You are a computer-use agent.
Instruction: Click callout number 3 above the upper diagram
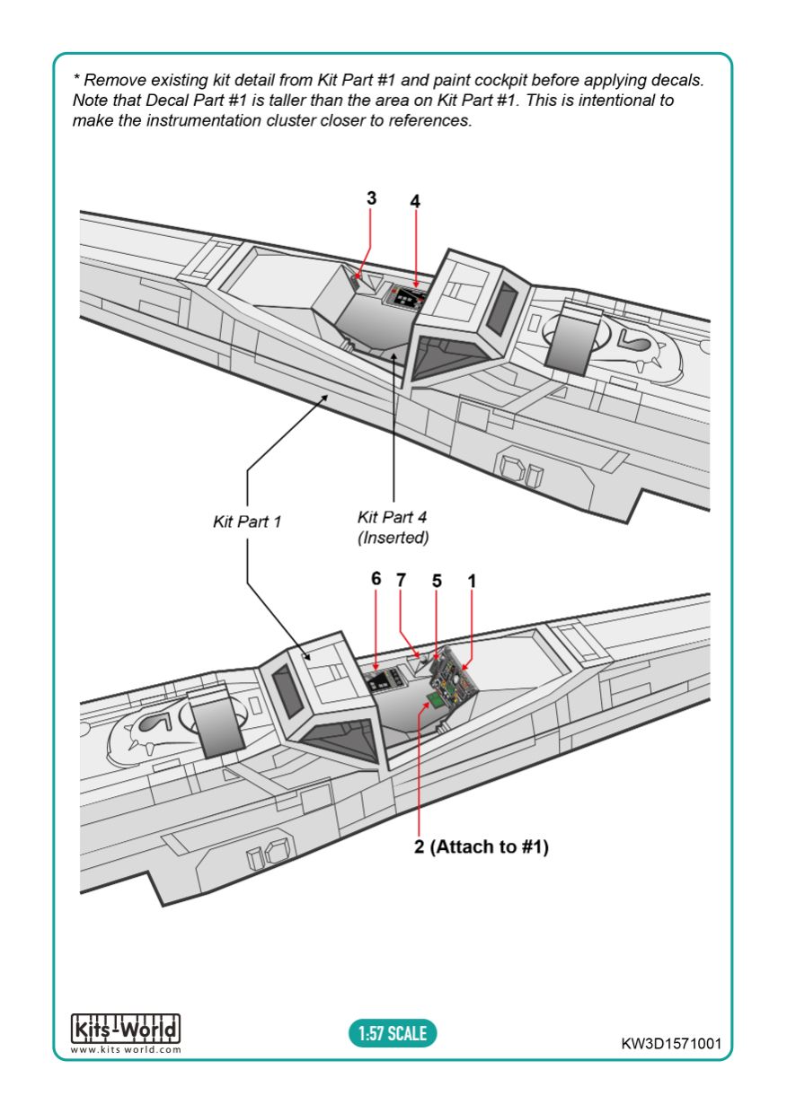(x=371, y=198)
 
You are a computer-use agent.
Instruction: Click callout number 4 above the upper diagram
(x=415, y=201)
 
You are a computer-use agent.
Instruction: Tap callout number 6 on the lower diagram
(x=376, y=578)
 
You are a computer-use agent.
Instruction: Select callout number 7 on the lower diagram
(x=401, y=580)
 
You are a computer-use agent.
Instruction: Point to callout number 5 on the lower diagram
(x=437, y=581)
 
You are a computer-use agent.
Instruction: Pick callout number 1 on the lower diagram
(x=472, y=581)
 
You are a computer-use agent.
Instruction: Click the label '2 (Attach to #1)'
(x=481, y=846)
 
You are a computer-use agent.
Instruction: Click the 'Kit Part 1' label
(x=247, y=521)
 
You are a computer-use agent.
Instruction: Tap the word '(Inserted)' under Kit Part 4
(x=393, y=538)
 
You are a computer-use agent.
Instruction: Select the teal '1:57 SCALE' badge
(x=393, y=1033)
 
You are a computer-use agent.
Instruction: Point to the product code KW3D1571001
(x=671, y=1043)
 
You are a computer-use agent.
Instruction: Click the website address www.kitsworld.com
(x=126, y=1050)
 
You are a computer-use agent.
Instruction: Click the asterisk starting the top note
(x=76, y=77)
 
